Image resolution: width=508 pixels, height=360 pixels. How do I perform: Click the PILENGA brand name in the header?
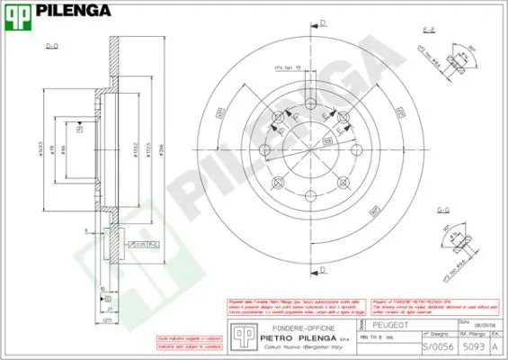coord(71,12)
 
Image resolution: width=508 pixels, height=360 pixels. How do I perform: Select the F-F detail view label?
coord(429,30)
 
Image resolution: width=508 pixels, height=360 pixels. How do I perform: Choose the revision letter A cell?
coord(495,344)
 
